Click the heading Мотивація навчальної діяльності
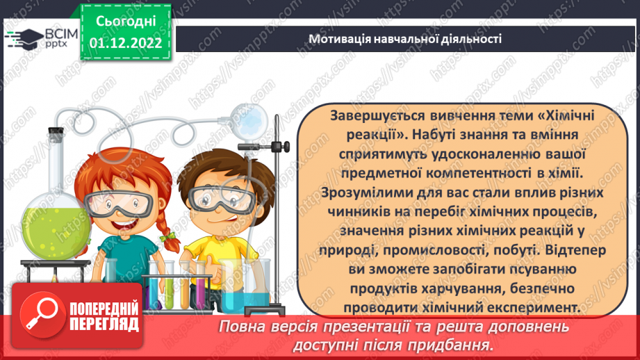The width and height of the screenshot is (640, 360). (x=406, y=39)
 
